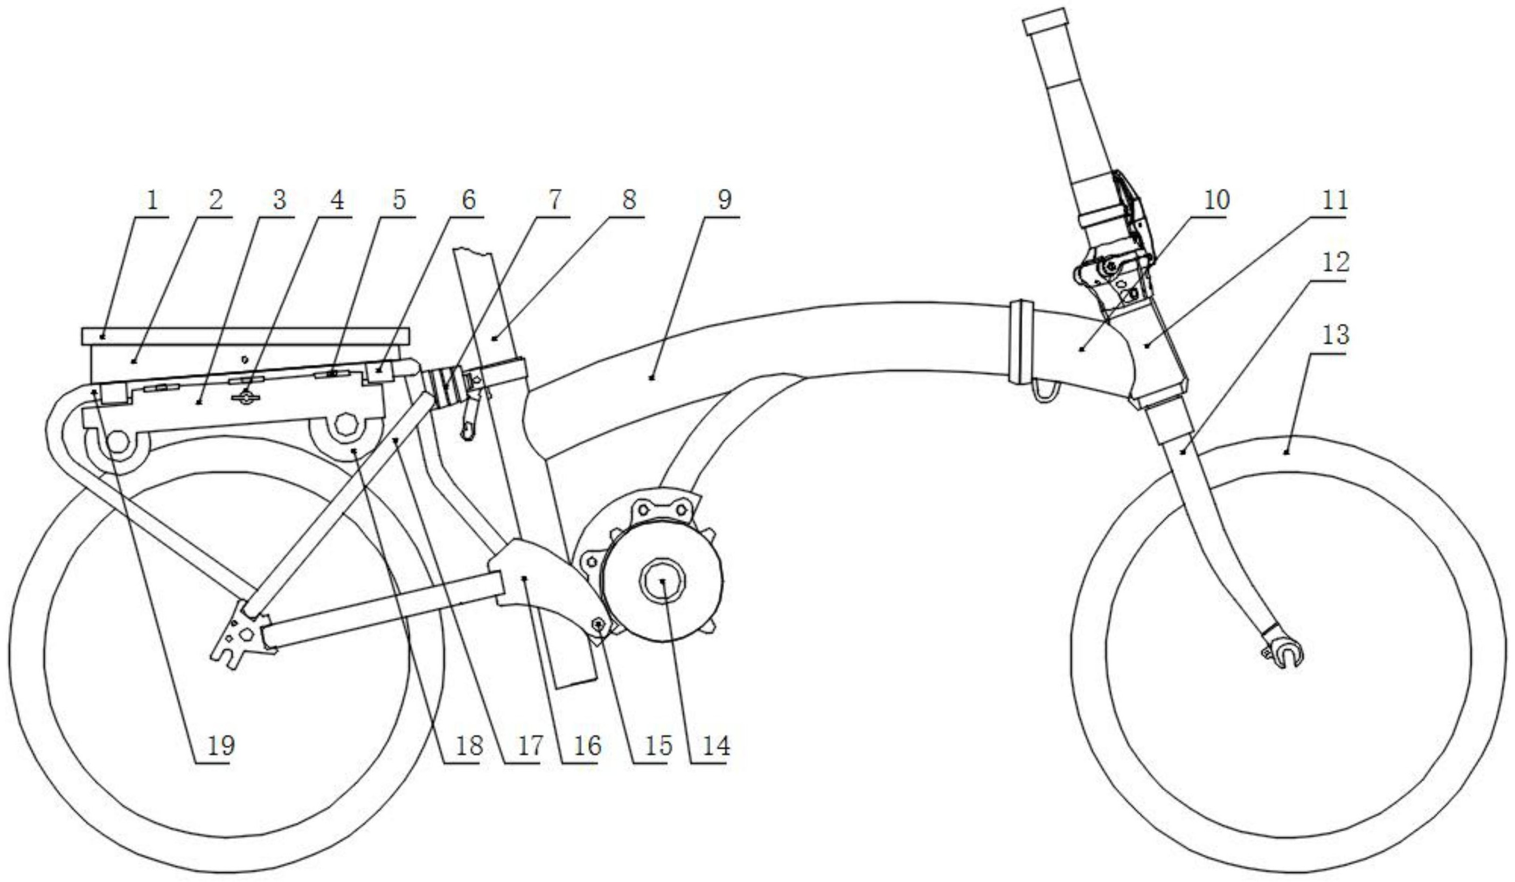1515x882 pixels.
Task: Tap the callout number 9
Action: point(725,201)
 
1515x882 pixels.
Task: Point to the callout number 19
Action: point(221,746)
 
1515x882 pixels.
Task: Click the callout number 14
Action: point(716,746)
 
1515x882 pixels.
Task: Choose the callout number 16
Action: point(587,746)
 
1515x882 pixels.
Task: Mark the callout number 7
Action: point(554,201)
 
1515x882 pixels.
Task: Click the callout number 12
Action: point(1335,262)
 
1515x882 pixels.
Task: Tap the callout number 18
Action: point(469,746)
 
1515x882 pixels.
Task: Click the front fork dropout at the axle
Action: point(1285,653)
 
